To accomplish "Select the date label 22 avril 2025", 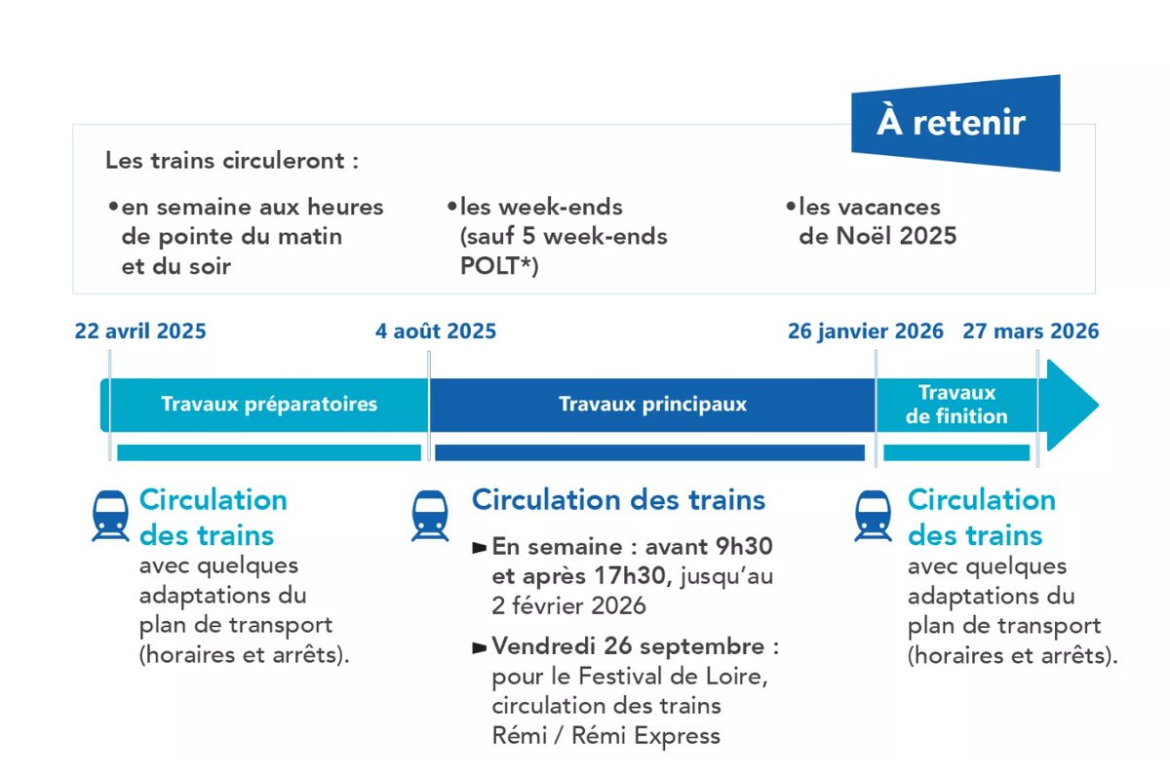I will coord(140,331).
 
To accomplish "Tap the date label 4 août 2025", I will coord(436,331).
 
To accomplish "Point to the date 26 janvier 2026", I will coord(865,331).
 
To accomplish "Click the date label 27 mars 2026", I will coord(1031,331).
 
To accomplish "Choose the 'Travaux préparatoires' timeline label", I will coord(269,404).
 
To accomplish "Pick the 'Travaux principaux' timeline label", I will coord(652,404).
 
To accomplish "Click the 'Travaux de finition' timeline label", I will coord(956,405).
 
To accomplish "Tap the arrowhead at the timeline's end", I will coord(1072,405).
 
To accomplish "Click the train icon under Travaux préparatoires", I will coord(110,516).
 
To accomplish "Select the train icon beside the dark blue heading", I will coord(430,516).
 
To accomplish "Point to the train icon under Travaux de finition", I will coord(874,516).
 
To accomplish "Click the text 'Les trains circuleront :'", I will coord(232,161).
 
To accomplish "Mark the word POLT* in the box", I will coord(499,265).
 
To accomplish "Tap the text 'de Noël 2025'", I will coord(877,236).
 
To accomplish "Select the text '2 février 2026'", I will coord(569,605).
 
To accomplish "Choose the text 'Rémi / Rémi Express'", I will coord(606,735).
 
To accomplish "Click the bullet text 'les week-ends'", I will coord(540,207).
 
